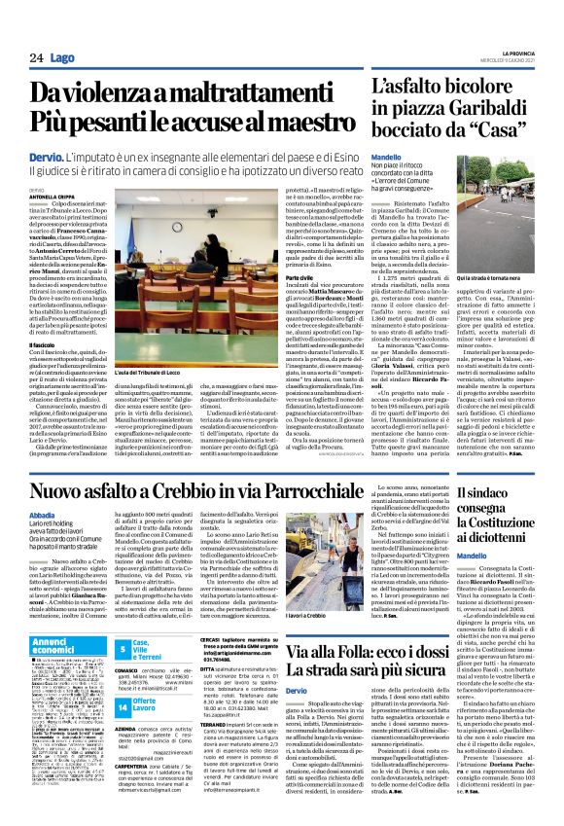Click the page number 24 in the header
[36, 58]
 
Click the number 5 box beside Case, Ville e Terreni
[123, 649]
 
